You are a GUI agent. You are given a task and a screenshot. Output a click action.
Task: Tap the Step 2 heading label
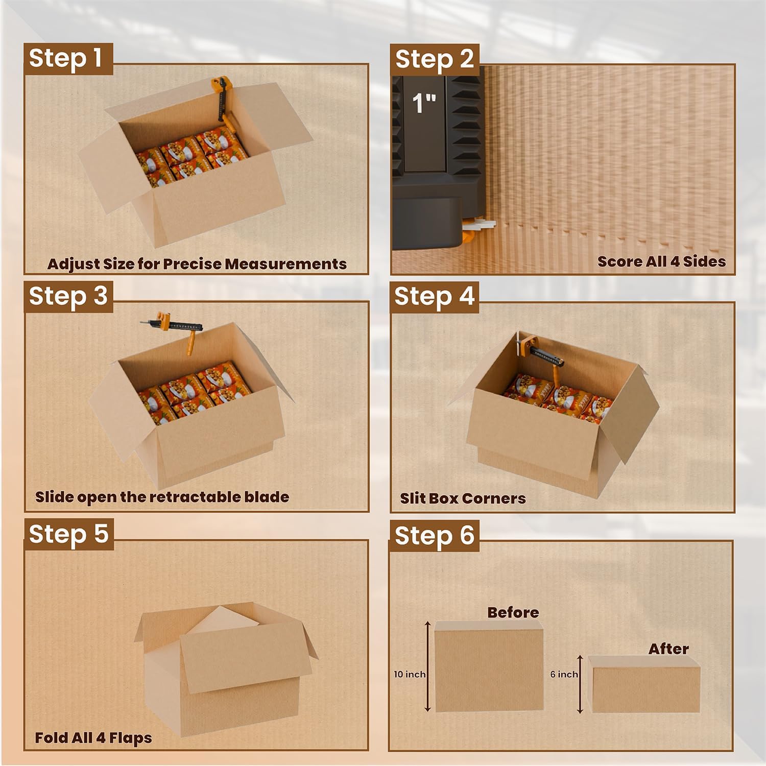(x=434, y=59)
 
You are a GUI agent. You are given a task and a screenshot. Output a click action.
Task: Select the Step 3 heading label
(x=68, y=296)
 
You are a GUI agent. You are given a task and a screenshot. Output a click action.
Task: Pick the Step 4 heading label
(x=434, y=296)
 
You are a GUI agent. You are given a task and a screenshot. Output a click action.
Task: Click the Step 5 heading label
(x=68, y=534)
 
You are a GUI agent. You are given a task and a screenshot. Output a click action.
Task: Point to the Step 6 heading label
(x=434, y=535)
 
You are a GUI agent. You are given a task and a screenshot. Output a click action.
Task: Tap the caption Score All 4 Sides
(x=661, y=261)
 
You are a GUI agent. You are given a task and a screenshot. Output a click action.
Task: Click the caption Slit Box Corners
(x=463, y=498)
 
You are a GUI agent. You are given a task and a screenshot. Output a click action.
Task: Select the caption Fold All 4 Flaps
(x=93, y=738)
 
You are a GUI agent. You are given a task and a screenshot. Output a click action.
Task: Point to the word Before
(x=513, y=612)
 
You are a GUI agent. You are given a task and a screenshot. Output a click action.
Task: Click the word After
(x=668, y=649)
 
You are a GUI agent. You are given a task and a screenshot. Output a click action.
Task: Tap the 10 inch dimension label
(x=409, y=674)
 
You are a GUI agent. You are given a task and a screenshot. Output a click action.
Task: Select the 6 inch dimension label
(x=564, y=674)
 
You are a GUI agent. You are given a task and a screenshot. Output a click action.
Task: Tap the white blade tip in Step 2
(x=483, y=224)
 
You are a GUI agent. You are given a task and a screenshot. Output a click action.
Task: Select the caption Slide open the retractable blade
(x=162, y=497)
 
